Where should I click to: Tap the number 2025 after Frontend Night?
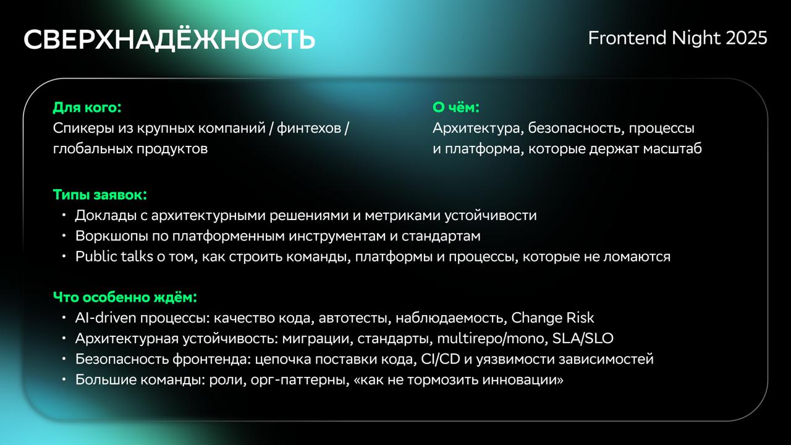(747, 38)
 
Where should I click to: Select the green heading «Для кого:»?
(87, 108)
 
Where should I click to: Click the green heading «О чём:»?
(456, 108)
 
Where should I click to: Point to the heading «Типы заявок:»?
(100, 195)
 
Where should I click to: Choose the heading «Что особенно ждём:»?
(125, 297)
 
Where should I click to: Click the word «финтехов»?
(308, 128)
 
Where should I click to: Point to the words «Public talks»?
(114, 256)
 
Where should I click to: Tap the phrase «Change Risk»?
(552, 318)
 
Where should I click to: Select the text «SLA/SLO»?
(583, 338)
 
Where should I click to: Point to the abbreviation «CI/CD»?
(441, 359)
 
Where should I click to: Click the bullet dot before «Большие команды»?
(64, 379)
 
